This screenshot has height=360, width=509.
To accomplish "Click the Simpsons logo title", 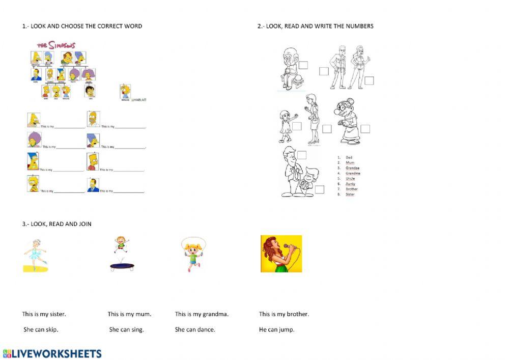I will pos(56,45).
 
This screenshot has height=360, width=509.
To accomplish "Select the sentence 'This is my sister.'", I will pos(44,314).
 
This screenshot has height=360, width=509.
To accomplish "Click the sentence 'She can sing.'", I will pos(127,329).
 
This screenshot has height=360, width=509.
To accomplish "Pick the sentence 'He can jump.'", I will pos(276,329).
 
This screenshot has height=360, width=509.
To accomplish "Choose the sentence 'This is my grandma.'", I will pos(202,314).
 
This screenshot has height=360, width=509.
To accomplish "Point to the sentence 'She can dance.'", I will pos(195,329).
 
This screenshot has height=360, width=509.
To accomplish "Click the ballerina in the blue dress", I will pos(36,254).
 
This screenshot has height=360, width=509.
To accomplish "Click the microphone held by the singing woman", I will pos(289,247).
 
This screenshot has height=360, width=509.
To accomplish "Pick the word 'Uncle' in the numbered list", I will pos(350,178).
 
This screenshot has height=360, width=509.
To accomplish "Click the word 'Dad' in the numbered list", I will pos(349,157).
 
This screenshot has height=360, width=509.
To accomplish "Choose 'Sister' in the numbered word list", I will pos(350,194).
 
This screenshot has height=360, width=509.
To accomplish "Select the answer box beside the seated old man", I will pos(303,65).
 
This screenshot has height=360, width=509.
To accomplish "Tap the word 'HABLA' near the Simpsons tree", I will pos(139,100).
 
